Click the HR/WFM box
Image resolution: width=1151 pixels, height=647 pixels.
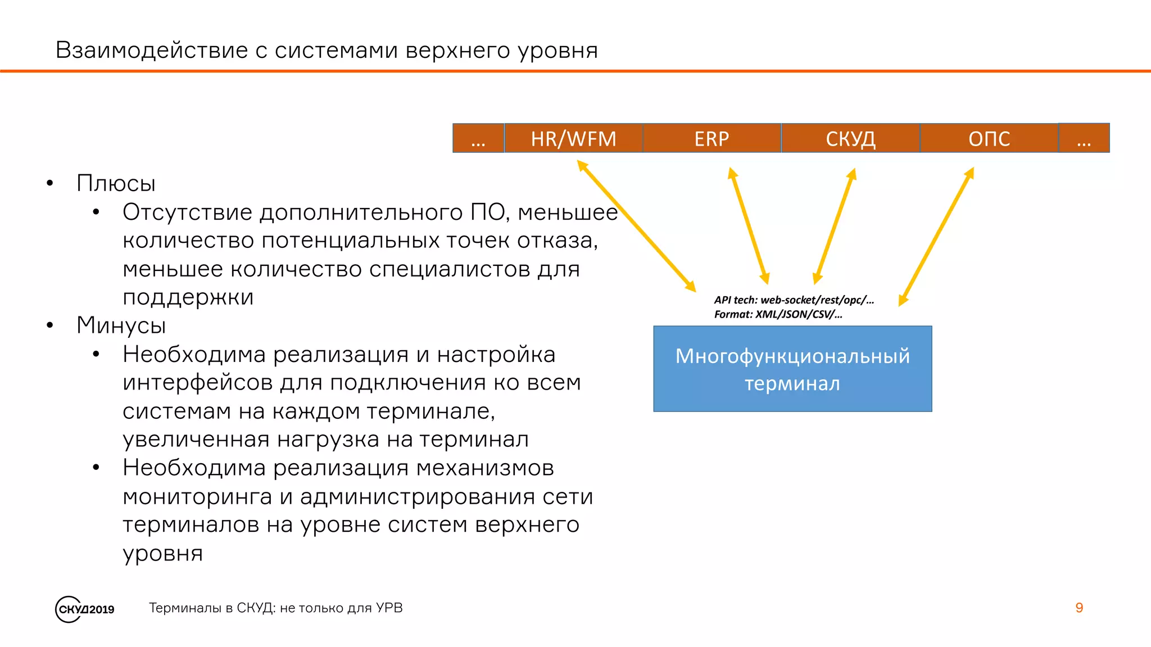(573, 138)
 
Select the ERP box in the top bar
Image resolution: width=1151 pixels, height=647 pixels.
(712, 138)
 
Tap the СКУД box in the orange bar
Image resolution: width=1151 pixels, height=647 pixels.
(850, 138)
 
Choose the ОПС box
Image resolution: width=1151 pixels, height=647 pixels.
(989, 138)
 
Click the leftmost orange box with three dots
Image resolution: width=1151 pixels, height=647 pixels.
(478, 138)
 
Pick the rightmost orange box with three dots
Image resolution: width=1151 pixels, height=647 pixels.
(1084, 138)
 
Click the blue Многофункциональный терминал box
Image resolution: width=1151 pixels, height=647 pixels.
(792, 369)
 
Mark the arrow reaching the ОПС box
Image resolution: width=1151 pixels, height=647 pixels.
(936, 236)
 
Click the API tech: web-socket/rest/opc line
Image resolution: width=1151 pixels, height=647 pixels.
(794, 300)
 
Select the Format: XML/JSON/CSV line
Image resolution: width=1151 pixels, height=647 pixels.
(778, 314)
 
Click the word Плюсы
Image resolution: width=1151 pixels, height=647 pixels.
(116, 183)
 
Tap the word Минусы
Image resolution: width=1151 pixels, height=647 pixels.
(121, 325)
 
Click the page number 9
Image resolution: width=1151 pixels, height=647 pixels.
(1079, 608)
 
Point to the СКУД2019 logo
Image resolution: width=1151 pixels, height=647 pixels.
(85, 609)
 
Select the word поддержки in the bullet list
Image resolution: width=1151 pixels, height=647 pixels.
(188, 297)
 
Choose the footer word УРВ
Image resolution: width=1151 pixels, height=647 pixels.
(389, 608)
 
